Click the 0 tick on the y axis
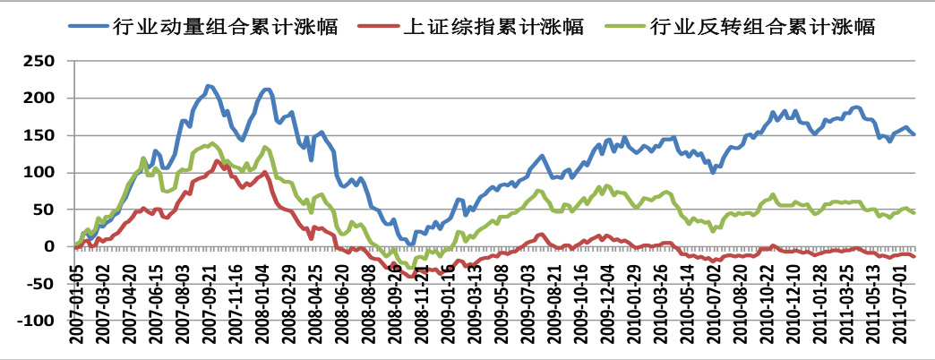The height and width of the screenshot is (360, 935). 56,246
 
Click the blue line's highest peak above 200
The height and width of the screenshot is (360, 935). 209,86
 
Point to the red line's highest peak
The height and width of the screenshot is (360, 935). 218,160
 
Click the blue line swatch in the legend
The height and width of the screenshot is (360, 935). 88,26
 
